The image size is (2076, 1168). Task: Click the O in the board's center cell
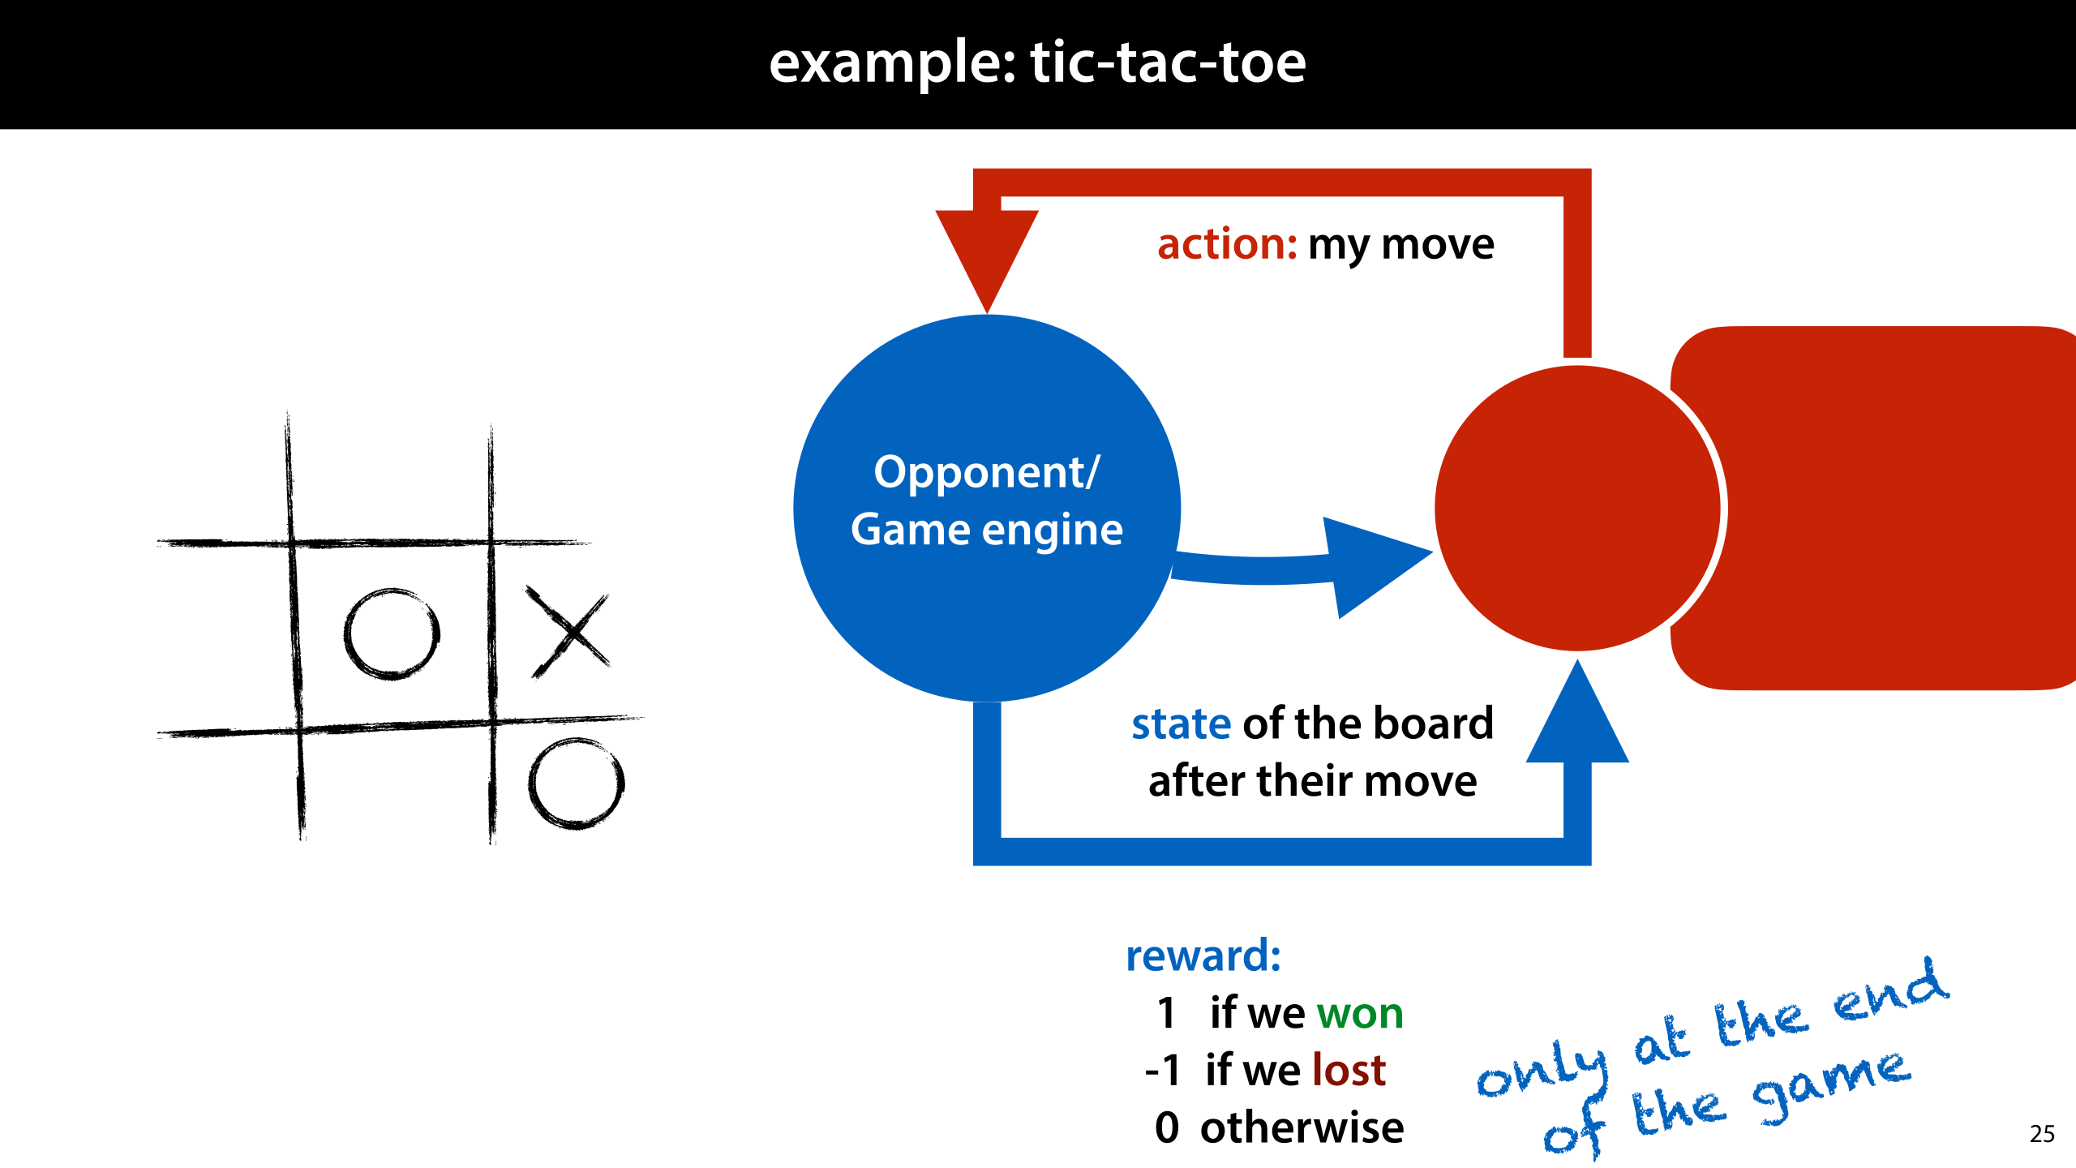click(392, 634)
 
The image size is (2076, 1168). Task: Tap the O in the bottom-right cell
click(577, 784)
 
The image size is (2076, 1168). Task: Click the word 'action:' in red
click(1227, 244)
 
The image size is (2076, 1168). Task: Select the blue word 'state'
click(1182, 724)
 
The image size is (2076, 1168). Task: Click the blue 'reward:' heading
click(1203, 955)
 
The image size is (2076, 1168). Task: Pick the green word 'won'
click(1360, 1013)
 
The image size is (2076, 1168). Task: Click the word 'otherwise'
click(1302, 1127)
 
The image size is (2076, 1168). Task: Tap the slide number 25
click(2042, 1134)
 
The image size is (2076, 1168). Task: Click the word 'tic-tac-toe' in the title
click(1168, 62)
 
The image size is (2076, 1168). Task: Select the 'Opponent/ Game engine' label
click(987, 500)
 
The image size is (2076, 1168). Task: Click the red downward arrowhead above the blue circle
click(987, 255)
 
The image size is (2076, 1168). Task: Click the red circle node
click(1577, 509)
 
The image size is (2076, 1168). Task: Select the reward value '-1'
click(1163, 1070)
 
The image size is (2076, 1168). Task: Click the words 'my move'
click(1400, 246)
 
